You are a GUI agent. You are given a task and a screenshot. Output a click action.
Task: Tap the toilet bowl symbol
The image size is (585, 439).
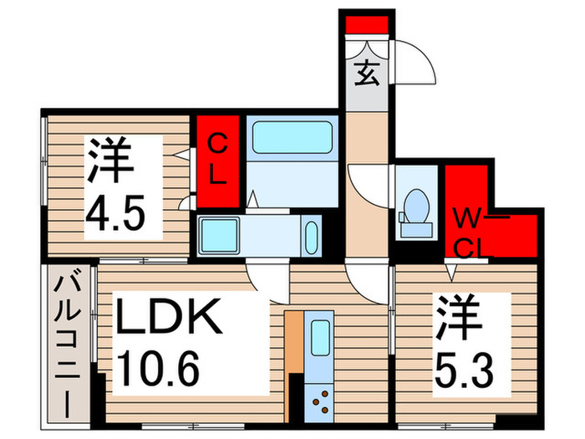pos(415,206)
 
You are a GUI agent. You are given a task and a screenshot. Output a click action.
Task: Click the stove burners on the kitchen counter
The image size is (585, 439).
pos(320,403)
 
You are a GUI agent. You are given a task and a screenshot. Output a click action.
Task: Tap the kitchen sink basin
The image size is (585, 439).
pos(320,339)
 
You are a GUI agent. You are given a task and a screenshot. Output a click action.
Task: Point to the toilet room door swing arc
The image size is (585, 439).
pos(371,182)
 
